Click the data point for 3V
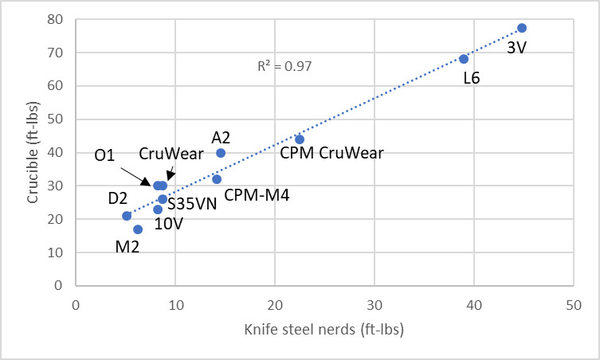522,28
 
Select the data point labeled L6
464,59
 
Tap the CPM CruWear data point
300,139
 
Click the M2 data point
138,229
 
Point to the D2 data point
127,216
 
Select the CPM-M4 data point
217,179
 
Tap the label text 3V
518,47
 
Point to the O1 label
104,155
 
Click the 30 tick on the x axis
375,304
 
